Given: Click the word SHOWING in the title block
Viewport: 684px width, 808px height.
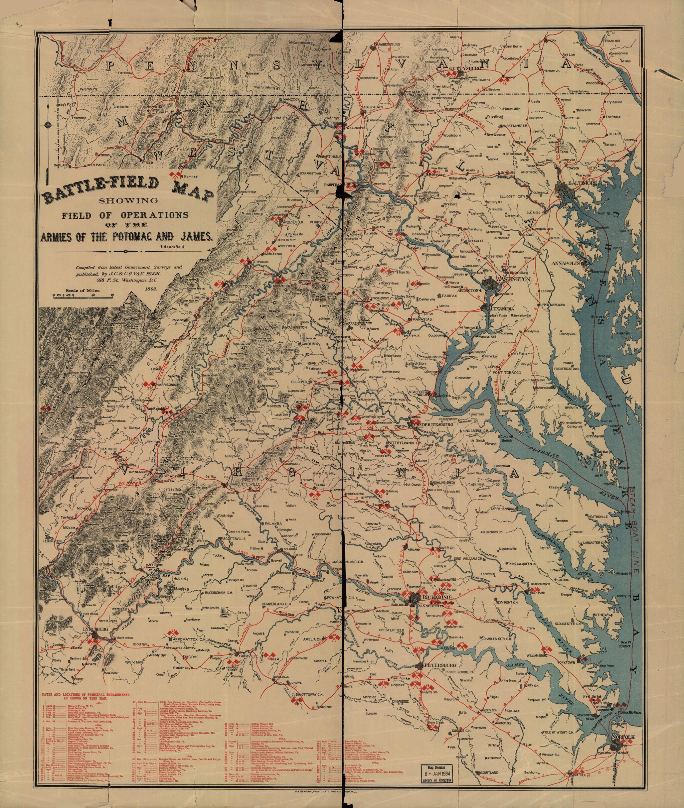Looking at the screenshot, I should [128, 200].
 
